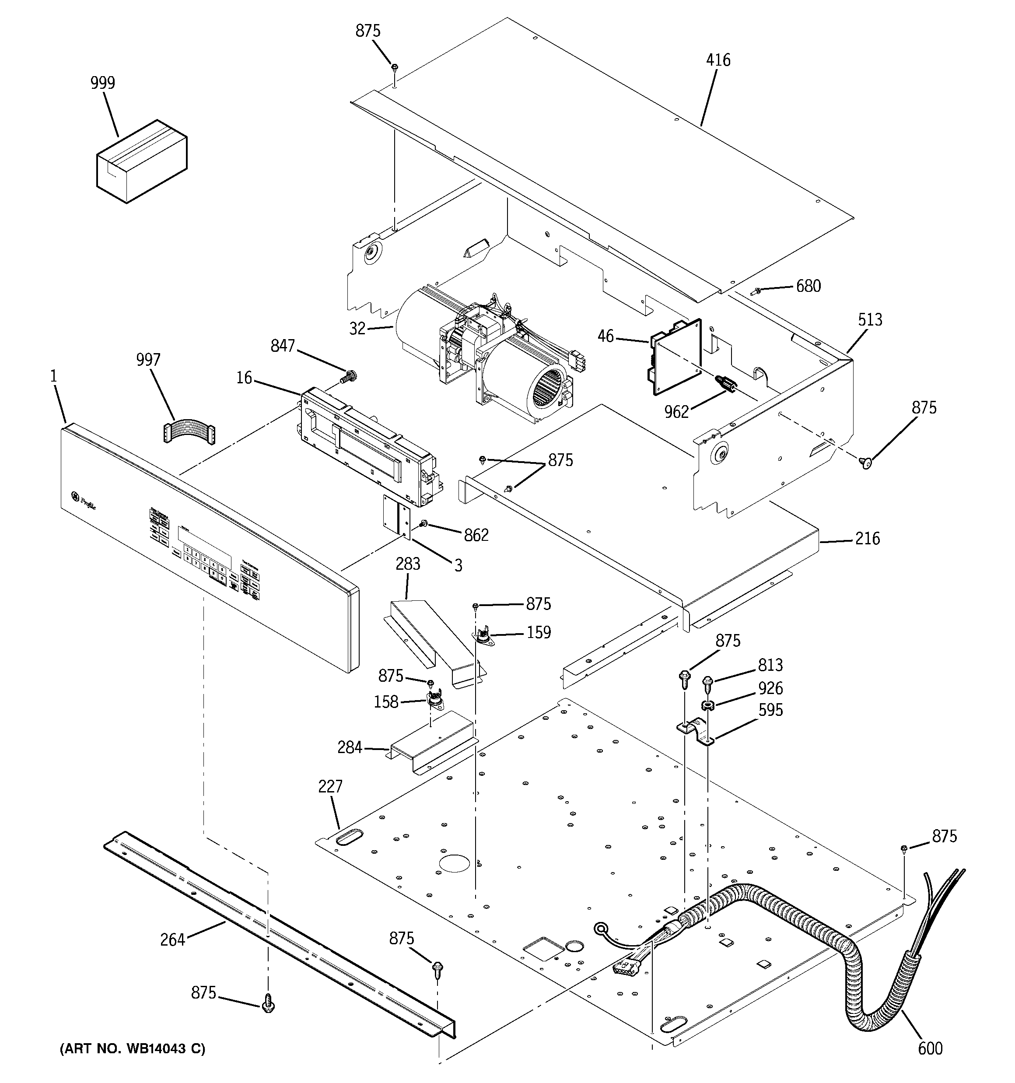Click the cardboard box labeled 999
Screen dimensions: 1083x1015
pos(141,162)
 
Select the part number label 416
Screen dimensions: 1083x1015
pos(718,60)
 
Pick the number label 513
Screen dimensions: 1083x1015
pos(870,320)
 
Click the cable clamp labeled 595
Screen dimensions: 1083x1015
pos(696,732)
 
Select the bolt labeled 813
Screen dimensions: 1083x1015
pos(708,681)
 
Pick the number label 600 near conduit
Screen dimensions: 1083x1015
pos(930,1048)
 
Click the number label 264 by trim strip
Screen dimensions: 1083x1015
pos(172,940)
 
